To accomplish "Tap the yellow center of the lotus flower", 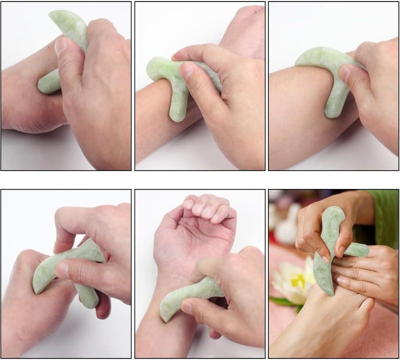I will click(298, 281).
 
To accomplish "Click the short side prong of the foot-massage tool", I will click(356, 249).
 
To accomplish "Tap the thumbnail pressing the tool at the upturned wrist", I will click(186, 306).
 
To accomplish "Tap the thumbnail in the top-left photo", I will click(61, 46).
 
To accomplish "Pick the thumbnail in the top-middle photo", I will click(187, 70).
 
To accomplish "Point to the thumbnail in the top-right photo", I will click(344, 73).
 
